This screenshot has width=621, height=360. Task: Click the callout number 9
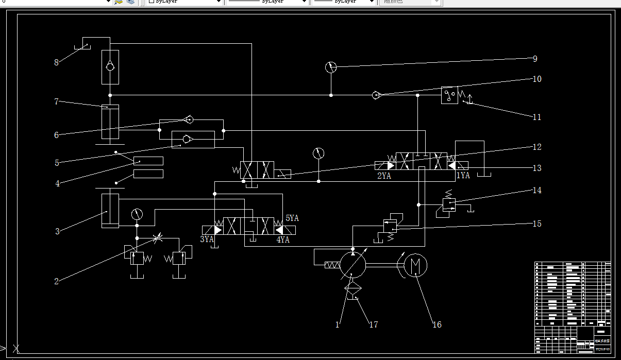point(535,59)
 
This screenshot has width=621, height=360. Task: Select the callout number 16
point(437,324)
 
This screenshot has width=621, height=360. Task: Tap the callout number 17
point(374,324)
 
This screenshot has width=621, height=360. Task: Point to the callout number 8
point(57,63)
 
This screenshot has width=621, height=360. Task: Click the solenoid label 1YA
point(463,175)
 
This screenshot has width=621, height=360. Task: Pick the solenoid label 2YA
point(384,175)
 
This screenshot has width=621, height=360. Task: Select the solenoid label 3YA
point(207,239)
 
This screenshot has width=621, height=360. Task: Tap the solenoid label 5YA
point(292,218)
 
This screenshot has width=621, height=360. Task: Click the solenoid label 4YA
point(283,239)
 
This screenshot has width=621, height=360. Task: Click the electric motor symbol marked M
point(416,265)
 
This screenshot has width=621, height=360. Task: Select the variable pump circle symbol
point(353,265)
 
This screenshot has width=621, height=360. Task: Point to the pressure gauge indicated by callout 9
point(331,67)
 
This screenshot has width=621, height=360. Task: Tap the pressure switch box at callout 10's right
point(449,95)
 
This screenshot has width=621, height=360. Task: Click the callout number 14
point(538,190)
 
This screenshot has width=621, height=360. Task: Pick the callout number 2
point(57,281)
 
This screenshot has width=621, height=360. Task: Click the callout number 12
point(537,147)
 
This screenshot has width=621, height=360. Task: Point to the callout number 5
point(57,163)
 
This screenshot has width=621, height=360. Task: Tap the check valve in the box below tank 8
point(110,66)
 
